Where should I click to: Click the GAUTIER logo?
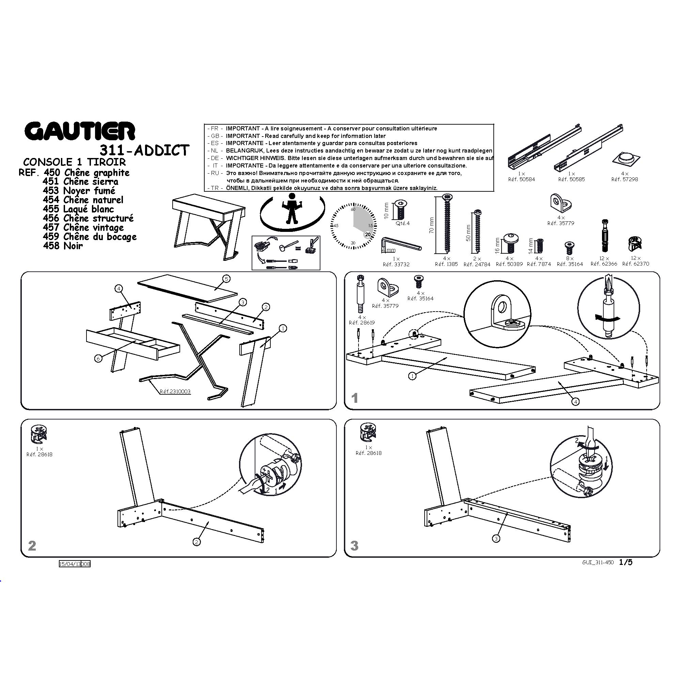pyautogui.click(x=80, y=131)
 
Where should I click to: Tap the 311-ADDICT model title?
pyautogui.click(x=144, y=151)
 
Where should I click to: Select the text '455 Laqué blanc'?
pyautogui.click(x=78, y=209)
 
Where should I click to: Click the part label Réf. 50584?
pyautogui.click(x=521, y=179)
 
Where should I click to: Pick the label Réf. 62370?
pyautogui.click(x=635, y=264)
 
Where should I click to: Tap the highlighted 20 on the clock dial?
pyautogui.click(x=368, y=234)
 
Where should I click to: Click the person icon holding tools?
pyautogui.click(x=292, y=208)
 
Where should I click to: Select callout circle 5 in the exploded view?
pyautogui.click(x=226, y=279)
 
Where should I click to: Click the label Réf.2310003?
pyautogui.click(x=175, y=392)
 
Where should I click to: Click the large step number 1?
pyautogui.click(x=355, y=398)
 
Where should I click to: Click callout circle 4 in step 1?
pyautogui.click(x=575, y=401)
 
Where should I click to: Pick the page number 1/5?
pyautogui.click(x=626, y=562)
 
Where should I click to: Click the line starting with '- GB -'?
pyautogui.click(x=297, y=136)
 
